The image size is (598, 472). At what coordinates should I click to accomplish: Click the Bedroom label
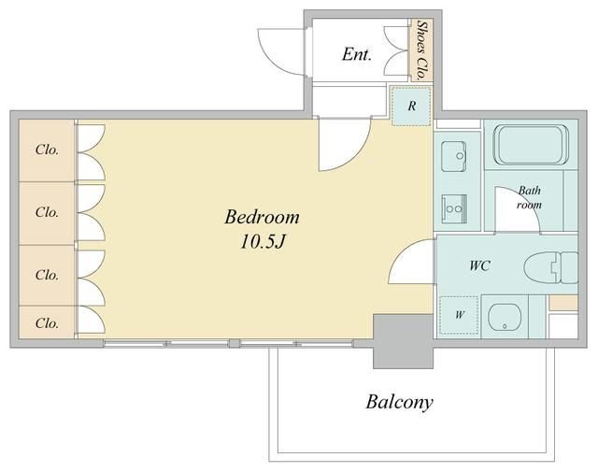click(262, 218)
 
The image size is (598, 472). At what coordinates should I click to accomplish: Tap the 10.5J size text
click(263, 241)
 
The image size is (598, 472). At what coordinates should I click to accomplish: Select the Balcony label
click(399, 403)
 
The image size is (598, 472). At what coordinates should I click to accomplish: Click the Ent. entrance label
click(357, 54)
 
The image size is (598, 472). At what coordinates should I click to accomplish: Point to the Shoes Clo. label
click(421, 50)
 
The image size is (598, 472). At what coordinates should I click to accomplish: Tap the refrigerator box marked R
click(411, 106)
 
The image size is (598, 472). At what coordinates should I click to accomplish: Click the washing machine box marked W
click(459, 315)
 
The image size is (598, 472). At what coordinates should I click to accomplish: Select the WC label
click(479, 265)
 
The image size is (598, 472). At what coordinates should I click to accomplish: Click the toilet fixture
click(551, 266)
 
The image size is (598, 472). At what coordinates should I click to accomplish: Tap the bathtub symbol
click(532, 145)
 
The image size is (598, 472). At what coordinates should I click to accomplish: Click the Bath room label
click(530, 197)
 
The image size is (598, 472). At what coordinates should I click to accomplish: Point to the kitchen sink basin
click(454, 156)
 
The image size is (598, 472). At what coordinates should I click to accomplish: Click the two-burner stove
click(454, 208)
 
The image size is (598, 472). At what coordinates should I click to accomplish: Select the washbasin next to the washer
click(505, 316)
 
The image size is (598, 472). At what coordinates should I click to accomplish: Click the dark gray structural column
click(403, 341)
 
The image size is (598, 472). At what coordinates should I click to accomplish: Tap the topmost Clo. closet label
click(47, 150)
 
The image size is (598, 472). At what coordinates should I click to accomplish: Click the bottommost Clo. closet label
click(47, 323)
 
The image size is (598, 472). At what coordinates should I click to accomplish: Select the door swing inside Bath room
click(525, 199)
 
